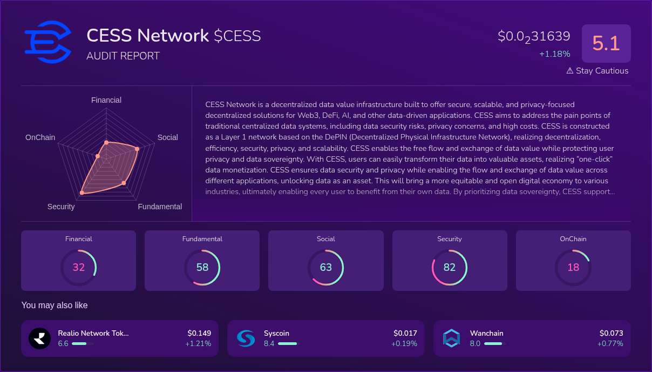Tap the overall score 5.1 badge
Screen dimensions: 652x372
pyautogui.click(x=606, y=43)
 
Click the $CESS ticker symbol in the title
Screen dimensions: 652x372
pyautogui.click(x=237, y=36)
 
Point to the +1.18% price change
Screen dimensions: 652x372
pyautogui.click(x=554, y=54)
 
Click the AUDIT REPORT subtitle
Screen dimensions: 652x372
pyautogui.click(x=123, y=56)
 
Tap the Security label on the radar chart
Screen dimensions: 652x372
pyautogui.click(x=61, y=207)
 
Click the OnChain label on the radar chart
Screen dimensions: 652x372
pyautogui.click(x=40, y=137)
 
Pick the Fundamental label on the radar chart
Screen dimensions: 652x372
pyautogui.click(x=160, y=207)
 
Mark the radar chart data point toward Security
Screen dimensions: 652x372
pyautogui.click(x=82, y=192)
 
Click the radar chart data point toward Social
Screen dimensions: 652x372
pyautogui.click(x=137, y=149)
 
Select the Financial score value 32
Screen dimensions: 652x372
pyautogui.click(x=79, y=267)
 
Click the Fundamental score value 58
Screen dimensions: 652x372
pyautogui.click(x=202, y=267)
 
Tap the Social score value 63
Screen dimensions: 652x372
pyautogui.click(x=326, y=267)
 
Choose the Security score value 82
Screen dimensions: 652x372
pyautogui.click(x=450, y=267)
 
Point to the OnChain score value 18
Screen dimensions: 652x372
pyautogui.click(x=573, y=267)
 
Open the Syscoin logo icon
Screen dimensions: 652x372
pyautogui.click(x=246, y=338)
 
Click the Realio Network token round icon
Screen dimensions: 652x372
pyautogui.click(x=39, y=338)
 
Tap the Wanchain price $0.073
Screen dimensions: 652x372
pyautogui.click(x=611, y=333)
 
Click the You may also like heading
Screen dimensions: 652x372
pyautogui.click(x=55, y=305)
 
